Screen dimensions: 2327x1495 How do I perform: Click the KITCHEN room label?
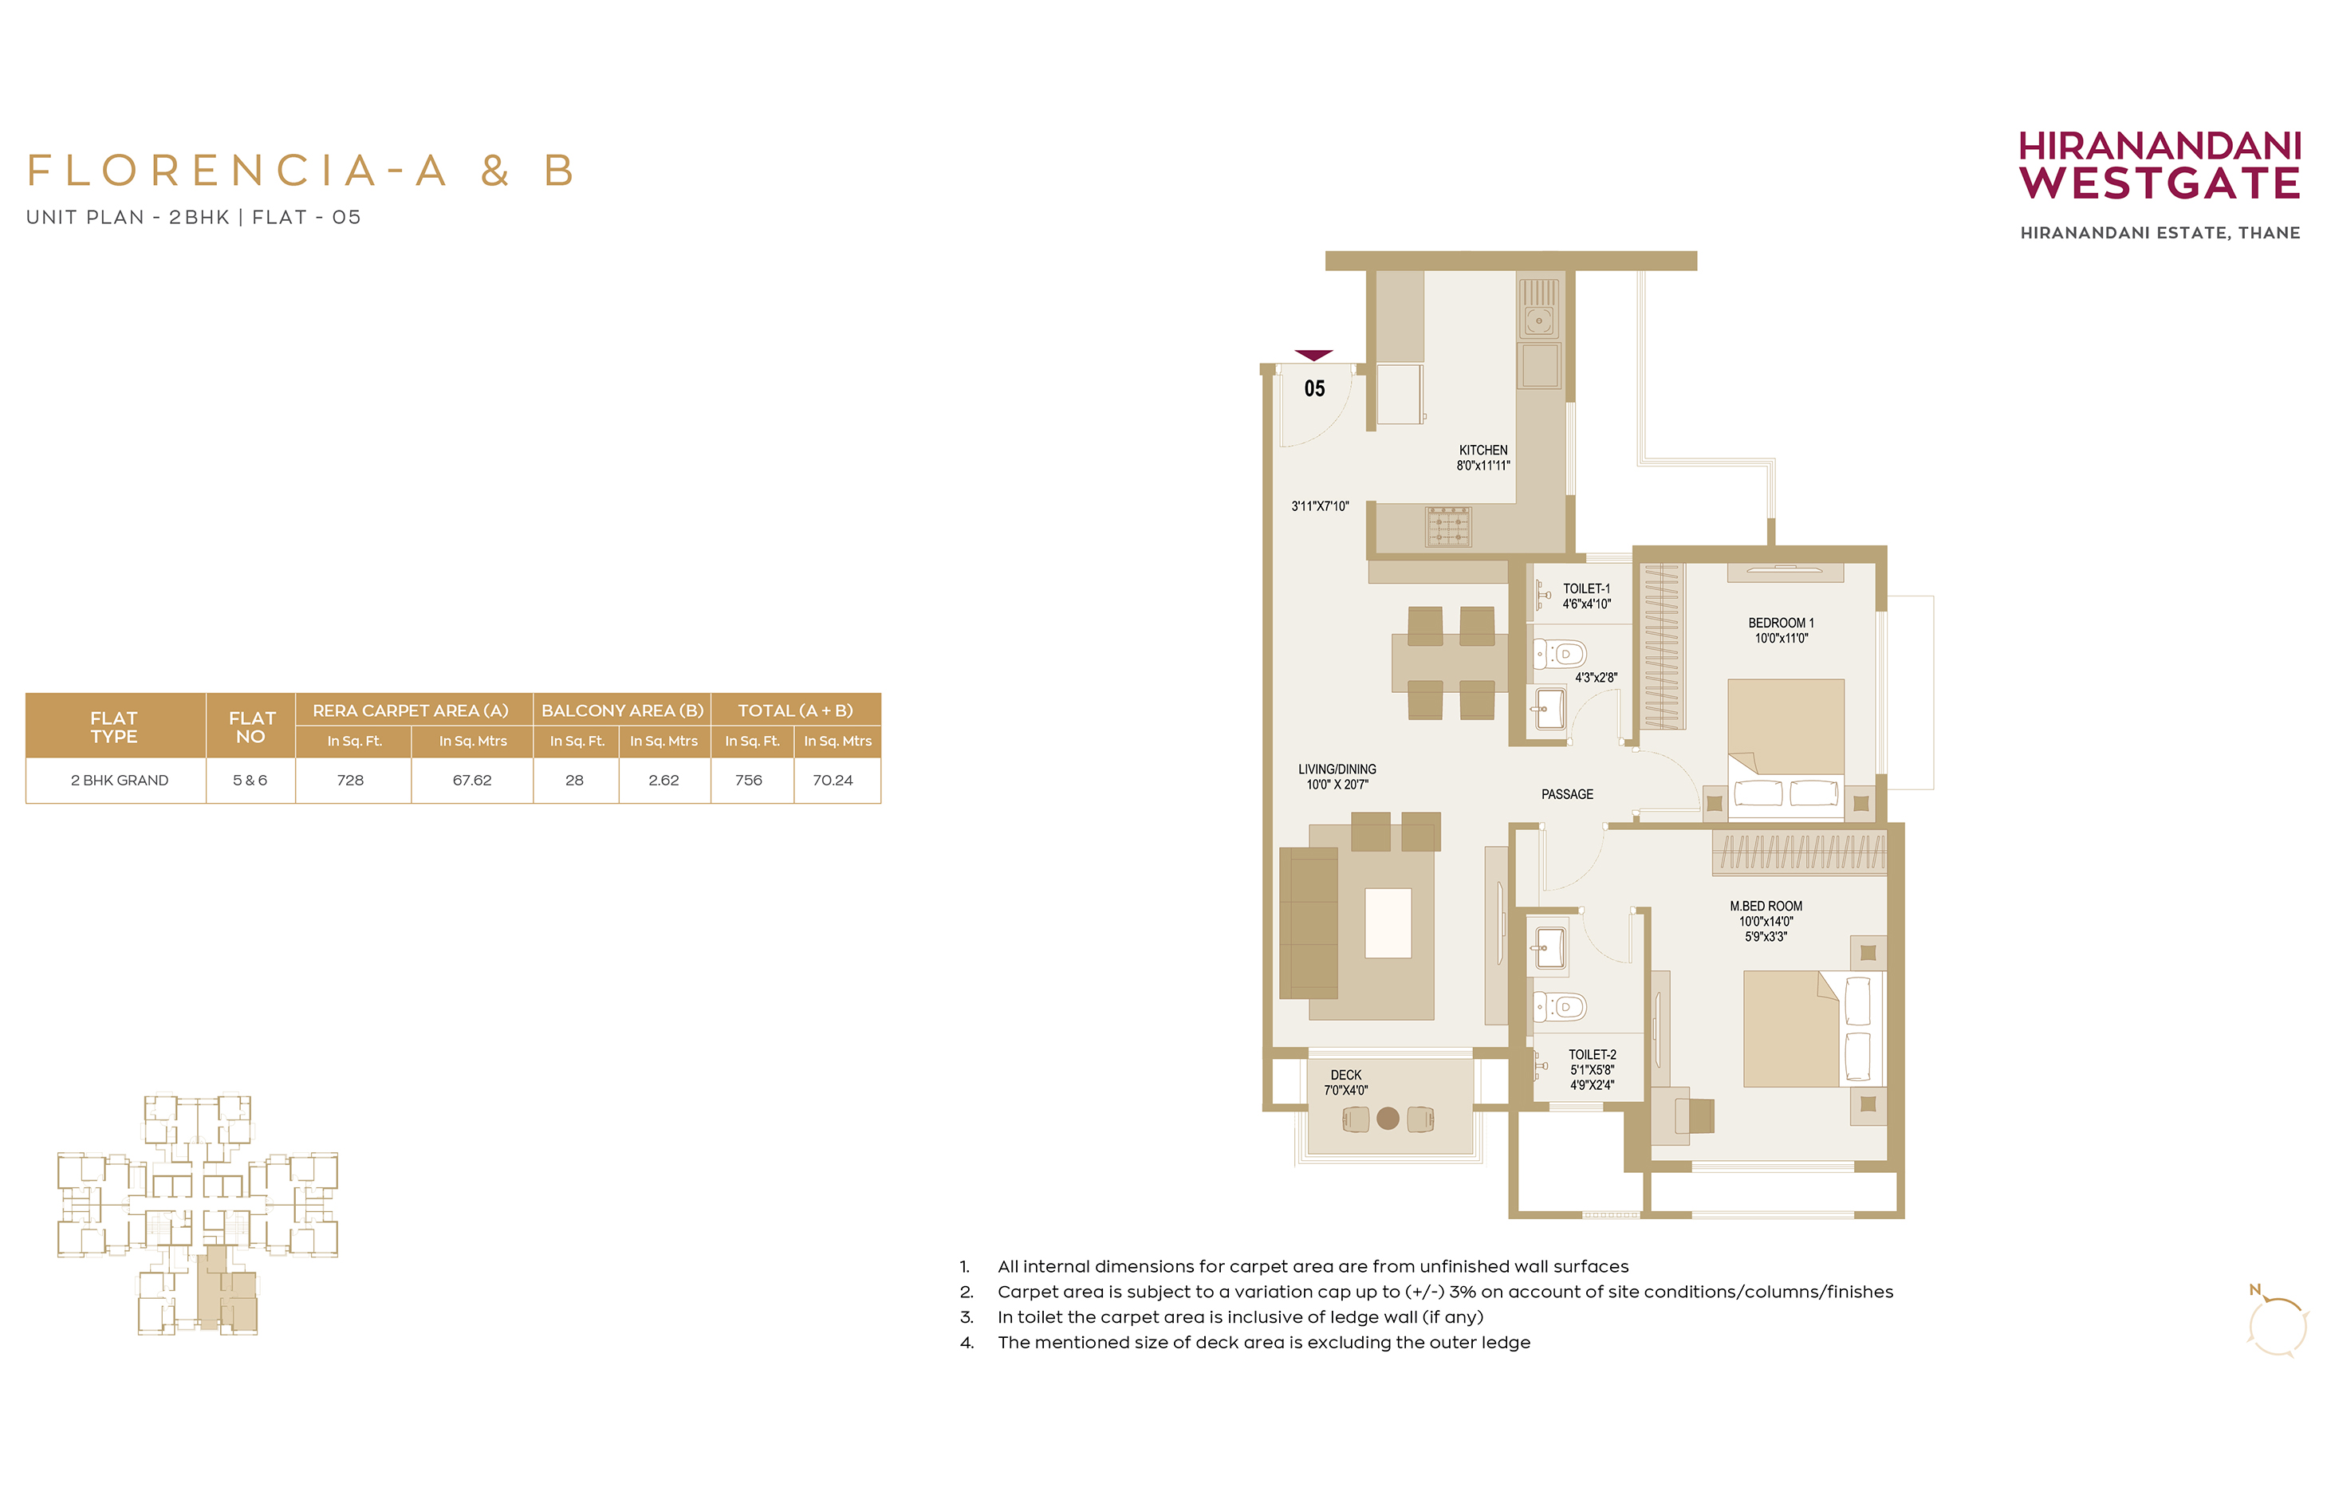pos(1482,450)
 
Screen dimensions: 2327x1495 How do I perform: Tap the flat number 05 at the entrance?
pos(1313,389)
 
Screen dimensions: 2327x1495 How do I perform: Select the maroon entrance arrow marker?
pos(1313,356)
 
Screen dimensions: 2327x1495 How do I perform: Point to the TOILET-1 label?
pos(1585,589)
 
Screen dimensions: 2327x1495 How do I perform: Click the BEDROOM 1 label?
pos(1781,624)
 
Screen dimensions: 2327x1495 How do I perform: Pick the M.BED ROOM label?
pos(1765,907)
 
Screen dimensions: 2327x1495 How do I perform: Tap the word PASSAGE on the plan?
pos(1567,795)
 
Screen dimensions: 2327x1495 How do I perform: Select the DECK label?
pos(1345,1076)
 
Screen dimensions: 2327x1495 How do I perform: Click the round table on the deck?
pos(1388,1119)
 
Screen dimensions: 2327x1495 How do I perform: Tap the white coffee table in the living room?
pos(1388,923)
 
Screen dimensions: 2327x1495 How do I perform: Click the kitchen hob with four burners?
pos(1448,526)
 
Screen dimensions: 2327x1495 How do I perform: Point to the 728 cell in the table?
pos(350,781)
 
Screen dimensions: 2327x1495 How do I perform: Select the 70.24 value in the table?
pos(833,781)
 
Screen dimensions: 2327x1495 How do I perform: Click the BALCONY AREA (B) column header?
pos(622,710)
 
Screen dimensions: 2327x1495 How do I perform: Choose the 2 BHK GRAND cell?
pos(120,781)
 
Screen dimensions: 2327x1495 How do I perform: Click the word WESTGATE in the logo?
pos(2160,183)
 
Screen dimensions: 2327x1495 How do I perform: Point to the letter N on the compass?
pos(2255,1290)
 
